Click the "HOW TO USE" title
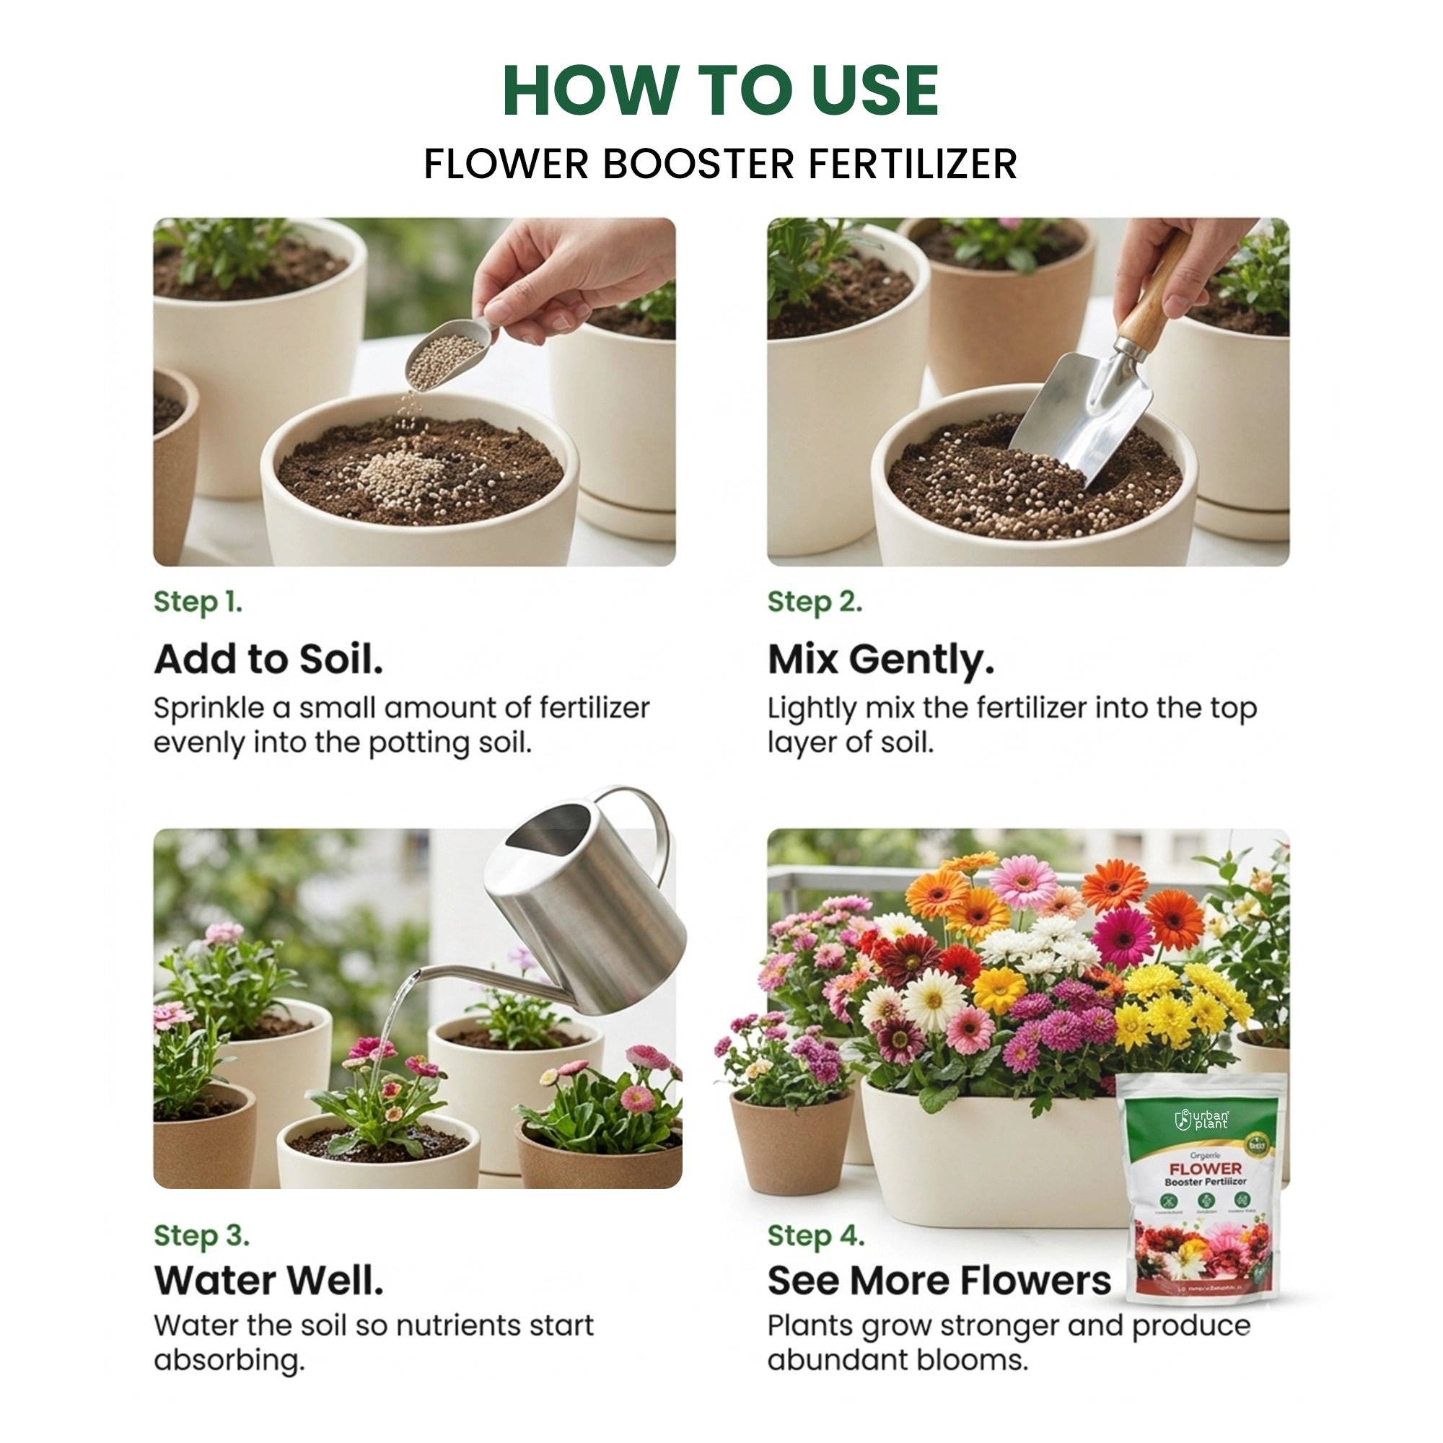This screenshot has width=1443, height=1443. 721,91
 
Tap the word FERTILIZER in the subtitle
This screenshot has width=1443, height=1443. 913,165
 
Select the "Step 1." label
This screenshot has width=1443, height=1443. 198,602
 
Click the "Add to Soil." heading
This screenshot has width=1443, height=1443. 269,659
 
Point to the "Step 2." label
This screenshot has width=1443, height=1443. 815,602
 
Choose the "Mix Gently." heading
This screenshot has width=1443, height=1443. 882,660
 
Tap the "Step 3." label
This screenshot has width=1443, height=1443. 202,1235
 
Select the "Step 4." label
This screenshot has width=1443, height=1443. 816,1235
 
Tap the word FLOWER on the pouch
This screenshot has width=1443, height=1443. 1206,1168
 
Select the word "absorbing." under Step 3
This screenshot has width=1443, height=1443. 229,1359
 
